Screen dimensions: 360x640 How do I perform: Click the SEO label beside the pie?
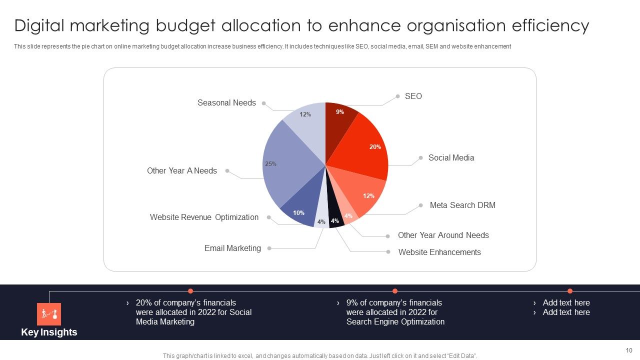pyautogui.click(x=413, y=96)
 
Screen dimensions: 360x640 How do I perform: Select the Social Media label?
pyautogui.click(x=451, y=157)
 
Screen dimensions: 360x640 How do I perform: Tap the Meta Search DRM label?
pyautogui.click(x=462, y=205)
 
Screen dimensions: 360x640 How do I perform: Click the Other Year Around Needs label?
pyautogui.click(x=443, y=235)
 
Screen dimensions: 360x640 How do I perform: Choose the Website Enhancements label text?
pyautogui.click(x=439, y=252)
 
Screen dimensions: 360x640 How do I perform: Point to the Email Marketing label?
pyautogui.click(x=232, y=248)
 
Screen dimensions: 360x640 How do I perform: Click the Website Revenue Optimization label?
pyautogui.click(x=204, y=217)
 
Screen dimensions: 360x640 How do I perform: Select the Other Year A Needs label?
pyautogui.click(x=182, y=170)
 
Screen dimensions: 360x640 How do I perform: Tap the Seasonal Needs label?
pyautogui.click(x=226, y=102)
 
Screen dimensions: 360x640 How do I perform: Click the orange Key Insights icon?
pyautogui.click(x=49, y=314)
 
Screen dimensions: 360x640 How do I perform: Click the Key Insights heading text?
pyautogui.click(x=49, y=332)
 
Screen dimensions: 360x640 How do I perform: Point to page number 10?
pyautogui.click(x=628, y=350)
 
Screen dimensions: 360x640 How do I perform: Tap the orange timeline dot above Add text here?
pyautogui.click(x=569, y=291)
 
